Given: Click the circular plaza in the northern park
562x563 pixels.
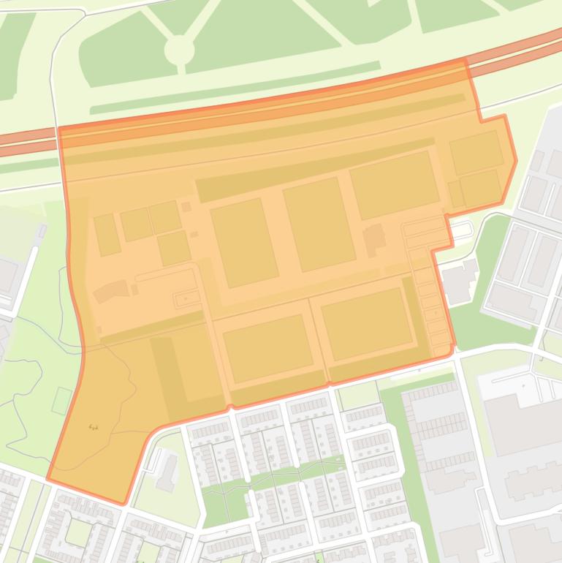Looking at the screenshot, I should [179, 50].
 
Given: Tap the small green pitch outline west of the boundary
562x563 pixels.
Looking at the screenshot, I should [61, 401].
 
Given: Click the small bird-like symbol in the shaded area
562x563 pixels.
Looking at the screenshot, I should [93, 426].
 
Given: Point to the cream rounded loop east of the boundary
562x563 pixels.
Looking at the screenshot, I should [462, 231].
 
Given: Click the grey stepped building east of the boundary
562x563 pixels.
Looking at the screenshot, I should [460, 280].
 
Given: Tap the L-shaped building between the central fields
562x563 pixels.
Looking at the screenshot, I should [375, 240].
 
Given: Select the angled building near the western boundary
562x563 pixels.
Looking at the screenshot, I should [110, 291].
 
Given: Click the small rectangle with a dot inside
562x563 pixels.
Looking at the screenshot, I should [185, 299].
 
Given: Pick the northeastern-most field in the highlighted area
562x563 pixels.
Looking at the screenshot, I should [476, 152].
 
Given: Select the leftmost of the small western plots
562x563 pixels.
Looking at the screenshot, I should [107, 234].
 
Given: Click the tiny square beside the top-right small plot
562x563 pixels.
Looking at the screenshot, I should [186, 207].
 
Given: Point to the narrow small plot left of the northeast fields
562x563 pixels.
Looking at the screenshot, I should [456, 194].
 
